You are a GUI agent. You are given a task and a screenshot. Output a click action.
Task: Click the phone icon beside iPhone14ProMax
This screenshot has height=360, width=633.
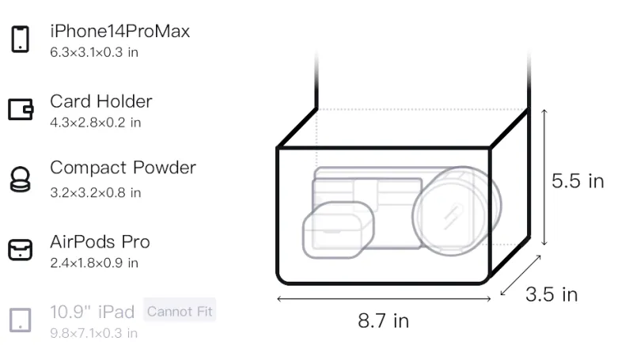[x=21, y=39]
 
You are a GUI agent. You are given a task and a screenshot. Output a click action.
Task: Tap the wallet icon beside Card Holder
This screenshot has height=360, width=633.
[x=21, y=109]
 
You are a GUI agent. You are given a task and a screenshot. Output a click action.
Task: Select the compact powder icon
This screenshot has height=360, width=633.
[x=21, y=179]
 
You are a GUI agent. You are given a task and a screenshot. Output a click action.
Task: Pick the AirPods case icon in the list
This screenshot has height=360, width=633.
[x=21, y=249]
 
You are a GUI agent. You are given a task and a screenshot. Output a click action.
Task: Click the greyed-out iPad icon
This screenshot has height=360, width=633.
[x=21, y=320]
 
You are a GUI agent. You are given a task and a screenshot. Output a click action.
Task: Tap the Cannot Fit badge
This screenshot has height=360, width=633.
[x=180, y=311]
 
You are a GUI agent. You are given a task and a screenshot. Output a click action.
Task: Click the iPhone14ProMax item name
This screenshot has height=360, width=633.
[x=120, y=31]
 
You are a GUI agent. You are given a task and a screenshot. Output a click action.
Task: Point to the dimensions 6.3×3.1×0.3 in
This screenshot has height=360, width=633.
[x=94, y=52]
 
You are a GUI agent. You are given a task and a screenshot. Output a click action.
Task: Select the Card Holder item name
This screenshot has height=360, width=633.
[x=101, y=101]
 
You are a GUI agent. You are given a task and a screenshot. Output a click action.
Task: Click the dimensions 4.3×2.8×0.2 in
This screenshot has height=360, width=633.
[x=95, y=123]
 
